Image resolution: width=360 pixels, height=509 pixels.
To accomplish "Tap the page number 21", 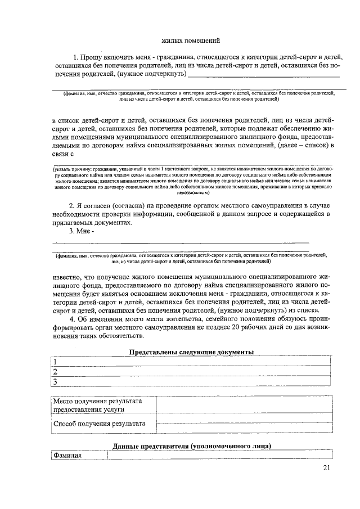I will (x=327, y=469).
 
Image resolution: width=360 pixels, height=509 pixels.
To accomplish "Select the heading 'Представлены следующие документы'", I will (x=191, y=352).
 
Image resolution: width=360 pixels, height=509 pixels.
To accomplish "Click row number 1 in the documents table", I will (x=55, y=362).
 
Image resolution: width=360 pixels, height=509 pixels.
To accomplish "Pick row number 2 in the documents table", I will (x=55, y=372).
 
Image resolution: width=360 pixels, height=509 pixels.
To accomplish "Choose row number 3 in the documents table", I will (x=55, y=382).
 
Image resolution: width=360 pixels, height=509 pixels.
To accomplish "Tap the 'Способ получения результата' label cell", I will (x=99, y=424).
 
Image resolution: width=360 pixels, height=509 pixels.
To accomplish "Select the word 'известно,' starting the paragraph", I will (x=68, y=277).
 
